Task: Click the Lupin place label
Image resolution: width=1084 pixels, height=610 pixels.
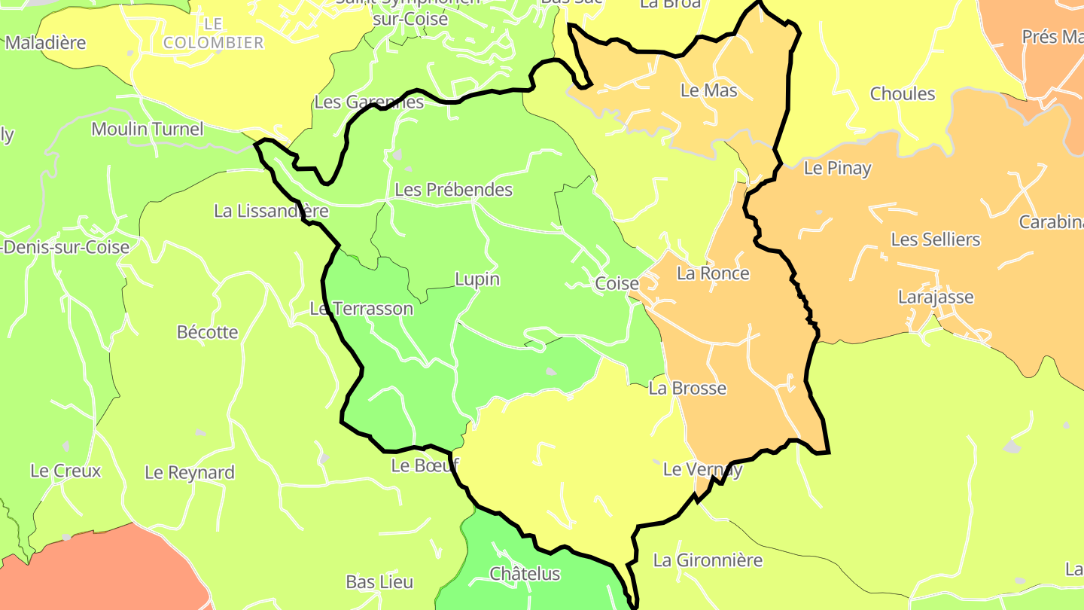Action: click(x=477, y=279)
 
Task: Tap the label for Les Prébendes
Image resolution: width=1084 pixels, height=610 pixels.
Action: click(x=453, y=190)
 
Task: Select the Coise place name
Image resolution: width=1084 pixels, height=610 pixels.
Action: click(x=617, y=284)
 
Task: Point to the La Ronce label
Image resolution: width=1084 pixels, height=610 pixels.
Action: click(x=713, y=273)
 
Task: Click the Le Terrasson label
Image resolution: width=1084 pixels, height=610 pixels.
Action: click(x=362, y=309)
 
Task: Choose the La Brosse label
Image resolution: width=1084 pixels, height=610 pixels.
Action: click(x=687, y=389)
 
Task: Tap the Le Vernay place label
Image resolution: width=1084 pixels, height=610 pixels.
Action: click(x=702, y=470)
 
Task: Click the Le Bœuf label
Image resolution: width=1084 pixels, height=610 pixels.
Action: click(x=425, y=466)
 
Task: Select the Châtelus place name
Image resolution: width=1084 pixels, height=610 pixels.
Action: click(x=525, y=574)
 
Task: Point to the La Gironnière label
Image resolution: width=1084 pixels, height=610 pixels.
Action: click(x=708, y=560)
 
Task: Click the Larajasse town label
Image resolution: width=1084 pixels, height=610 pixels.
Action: click(x=936, y=297)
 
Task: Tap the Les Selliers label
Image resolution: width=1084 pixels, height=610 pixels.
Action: click(x=936, y=239)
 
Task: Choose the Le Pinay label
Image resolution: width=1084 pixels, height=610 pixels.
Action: click(x=837, y=169)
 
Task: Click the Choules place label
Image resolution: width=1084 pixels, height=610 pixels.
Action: click(x=903, y=94)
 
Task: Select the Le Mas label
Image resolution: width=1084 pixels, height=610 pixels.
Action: click(x=708, y=90)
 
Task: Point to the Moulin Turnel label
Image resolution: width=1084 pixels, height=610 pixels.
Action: click(x=148, y=130)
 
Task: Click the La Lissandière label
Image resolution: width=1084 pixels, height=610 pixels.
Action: click(x=271, y=212)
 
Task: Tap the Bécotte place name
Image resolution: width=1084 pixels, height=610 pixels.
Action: click(x=207, y=332)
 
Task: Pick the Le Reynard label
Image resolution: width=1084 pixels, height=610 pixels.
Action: click(x=190, y=473)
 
